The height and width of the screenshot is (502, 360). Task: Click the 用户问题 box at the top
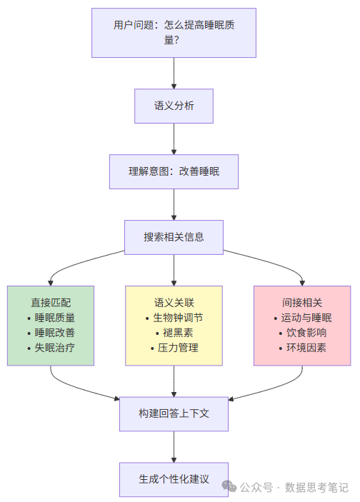[x=174, y=33]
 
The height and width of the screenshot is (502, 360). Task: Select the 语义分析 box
[x=174, y=106]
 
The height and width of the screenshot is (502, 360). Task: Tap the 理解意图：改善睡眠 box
[x=174, y=171]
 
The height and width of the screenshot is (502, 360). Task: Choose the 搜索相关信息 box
[x=174, y=237]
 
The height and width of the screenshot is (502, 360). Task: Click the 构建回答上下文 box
[x=174, y=414]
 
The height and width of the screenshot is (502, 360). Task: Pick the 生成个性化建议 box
[x=174, y=479]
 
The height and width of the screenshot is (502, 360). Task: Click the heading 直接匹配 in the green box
[x=51, y=302]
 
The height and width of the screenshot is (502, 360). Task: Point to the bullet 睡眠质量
[x=54, y=318]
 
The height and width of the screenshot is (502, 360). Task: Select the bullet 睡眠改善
[x=54, y=333]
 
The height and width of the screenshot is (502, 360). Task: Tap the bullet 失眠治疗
[x=54, y=348]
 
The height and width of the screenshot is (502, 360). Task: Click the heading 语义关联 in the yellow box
[x=174, y=302]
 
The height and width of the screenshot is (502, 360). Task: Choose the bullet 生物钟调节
[x=178, y=318]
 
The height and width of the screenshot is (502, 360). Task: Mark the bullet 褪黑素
[x=178, y=333]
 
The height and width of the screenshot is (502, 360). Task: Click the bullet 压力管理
[x=178, y=348]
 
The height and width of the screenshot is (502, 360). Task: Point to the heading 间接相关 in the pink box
[x=302, y=302]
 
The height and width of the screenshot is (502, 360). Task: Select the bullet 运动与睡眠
[x=306, y=318]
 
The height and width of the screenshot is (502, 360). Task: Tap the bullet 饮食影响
[x=306, y=333]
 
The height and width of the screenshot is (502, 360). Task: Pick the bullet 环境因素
[x=306, y=348]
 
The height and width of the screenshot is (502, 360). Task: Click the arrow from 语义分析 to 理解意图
[x=174, y=139]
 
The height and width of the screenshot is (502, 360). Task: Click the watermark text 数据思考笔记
[x=316, y=487]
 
